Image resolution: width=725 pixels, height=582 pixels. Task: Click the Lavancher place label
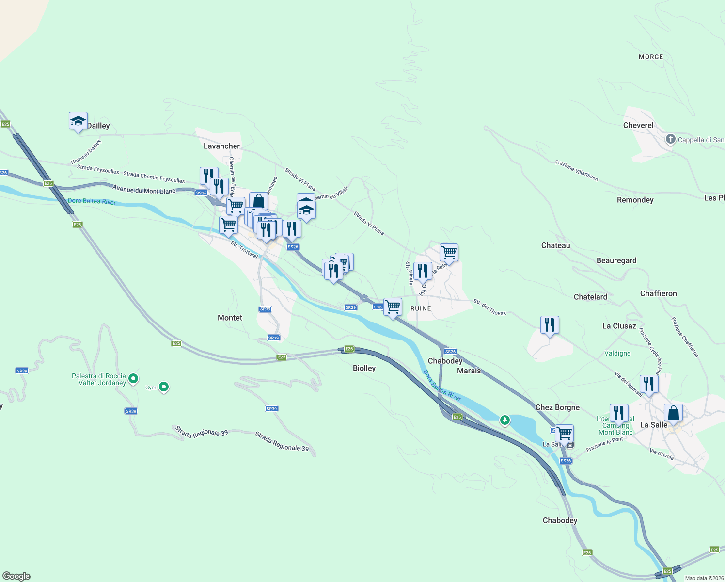pyautogui.click(x=221, y=146)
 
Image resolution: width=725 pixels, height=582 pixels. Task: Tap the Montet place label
pyautogui.click(x=230, y=318)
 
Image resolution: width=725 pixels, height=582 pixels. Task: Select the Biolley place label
pyautogui.click(x=364, y=368)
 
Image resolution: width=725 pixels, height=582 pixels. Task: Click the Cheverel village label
pyautogui.click(x=638, y=125)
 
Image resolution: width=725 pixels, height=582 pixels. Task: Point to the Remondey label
pyautogui.click(x=635, y=200)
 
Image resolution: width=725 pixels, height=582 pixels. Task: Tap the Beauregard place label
pyautogui.click(x=616, y=260)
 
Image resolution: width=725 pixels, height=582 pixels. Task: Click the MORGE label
pyautogui.click(x=651, y=57)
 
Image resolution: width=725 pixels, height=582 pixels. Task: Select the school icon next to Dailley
pyautogui.click(x=78, y=121)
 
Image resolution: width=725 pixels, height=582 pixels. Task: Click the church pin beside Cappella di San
pyautogui.click(x=670, y=140)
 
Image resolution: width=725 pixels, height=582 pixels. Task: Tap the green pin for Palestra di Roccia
pyautogui.click(x=133, y=378)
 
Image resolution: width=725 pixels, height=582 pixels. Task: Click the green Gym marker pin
pyautogui.click(x=164, y=387)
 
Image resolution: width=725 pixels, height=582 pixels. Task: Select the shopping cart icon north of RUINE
pyautogui.click(x=449, y=253)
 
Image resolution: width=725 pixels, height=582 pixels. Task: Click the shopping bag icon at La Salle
pyautogui.click(x=673, y=413)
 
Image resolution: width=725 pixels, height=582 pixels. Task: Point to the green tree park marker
pyautogui.click(x=504, y=420)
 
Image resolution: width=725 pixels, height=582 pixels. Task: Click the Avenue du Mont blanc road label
pyautogui.click(x=144, y=190)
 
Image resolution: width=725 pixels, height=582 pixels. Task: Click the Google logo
pyautogui.click(x=16, y=576)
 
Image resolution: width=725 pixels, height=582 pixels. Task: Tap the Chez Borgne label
pyautogui.click(x=557, y=407)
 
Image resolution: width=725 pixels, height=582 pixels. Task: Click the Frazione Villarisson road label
pyautogui.click(x=577, y=171)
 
